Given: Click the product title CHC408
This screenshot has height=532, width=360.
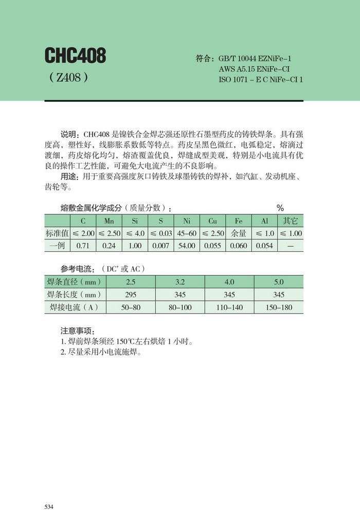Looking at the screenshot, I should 75,56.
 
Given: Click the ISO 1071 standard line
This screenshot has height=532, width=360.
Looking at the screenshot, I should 261,80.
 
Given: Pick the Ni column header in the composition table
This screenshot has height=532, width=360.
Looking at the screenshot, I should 186,221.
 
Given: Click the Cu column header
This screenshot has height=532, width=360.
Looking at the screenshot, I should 212,221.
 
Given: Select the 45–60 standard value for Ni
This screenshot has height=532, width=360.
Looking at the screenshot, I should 186,233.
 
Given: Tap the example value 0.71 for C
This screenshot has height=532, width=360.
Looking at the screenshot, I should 82,246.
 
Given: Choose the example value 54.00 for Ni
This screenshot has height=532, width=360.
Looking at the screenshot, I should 186,246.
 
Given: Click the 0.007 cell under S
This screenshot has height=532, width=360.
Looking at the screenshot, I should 160,246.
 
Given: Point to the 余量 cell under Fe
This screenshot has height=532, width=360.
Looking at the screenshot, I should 239,233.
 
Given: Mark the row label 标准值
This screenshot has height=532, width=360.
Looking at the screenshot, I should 57,233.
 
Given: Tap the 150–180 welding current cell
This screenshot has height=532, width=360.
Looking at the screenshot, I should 278,307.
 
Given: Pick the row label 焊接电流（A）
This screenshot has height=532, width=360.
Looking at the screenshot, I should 74,307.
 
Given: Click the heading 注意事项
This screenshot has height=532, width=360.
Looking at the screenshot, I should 78,331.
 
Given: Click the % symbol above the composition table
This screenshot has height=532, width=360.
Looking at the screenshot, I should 280,208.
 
